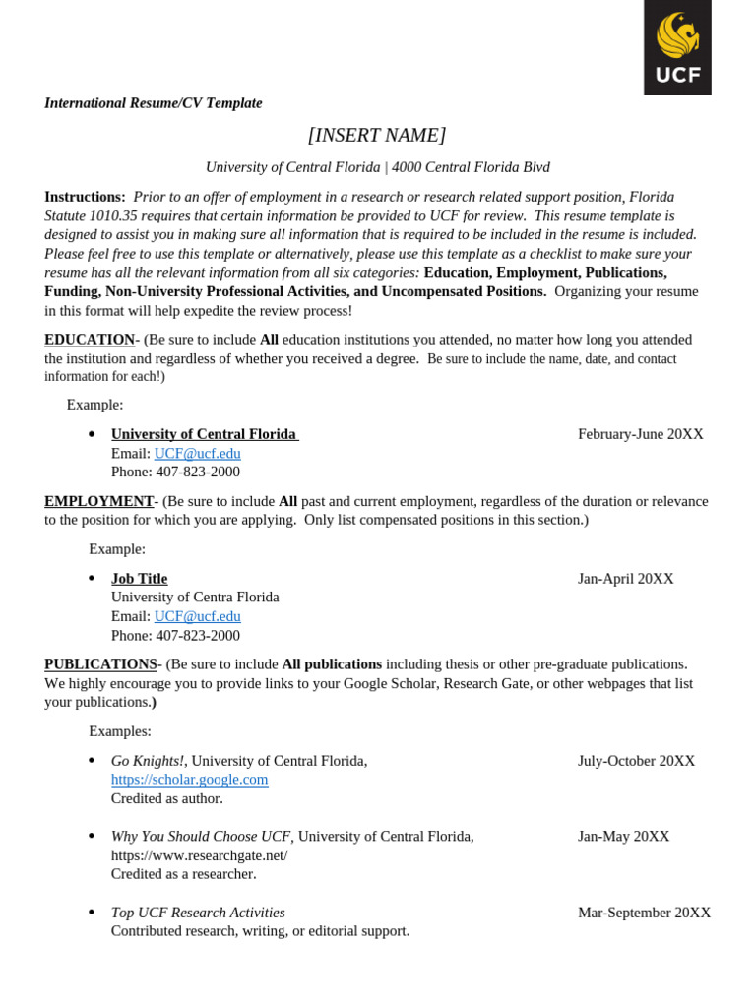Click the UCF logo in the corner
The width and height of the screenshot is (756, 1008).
pyautogui.click(x=677, y=46)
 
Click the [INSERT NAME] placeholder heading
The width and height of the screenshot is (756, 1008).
pyautogui.click(x=377, y=135)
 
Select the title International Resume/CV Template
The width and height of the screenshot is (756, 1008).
pyautogui.click(x=154, y=103)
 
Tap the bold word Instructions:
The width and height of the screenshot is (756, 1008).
pyautogui.click(x=85, y=197)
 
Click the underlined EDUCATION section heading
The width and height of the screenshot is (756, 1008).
pyautogui.click(x=90, y=340)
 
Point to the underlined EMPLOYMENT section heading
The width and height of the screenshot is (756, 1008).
pyautogui.click(x=98, y=501)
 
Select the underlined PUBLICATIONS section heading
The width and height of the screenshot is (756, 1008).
pyautogui.click(x=100, y=664)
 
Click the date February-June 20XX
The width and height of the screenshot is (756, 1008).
pyautogui.click(x=640, y=434)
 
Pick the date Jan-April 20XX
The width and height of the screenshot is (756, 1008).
pyautogui.click(x=625, y=579)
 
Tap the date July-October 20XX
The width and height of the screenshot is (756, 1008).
pyautogui.click(x=636, y=761)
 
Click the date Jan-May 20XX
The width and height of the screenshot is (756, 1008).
pyautogui.click(x=623, y=837)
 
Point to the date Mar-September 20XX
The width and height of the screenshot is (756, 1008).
pyautogui.click(x=644, y=913)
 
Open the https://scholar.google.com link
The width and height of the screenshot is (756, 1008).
pyautogui.click(x=189, y=780)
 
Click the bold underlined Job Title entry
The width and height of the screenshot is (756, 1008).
pyautogui.click(x=139, y=579)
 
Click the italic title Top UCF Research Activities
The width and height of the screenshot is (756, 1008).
pyautogui.click(x=198, y=913)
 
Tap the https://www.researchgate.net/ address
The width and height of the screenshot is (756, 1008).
pyautogui.click(x=199, y=855)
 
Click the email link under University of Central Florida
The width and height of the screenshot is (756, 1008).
pyautogui.click(x=197, y=454)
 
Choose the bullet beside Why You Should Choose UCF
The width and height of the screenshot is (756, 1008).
pyautogui.click(x=92, y=837)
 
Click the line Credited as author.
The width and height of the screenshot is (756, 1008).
pyautogui.click(x=166, y=798)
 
